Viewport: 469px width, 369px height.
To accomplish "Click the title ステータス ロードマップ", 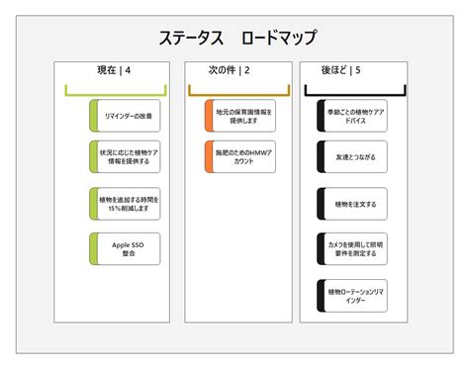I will coord(237,39).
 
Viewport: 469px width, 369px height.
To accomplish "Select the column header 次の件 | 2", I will coord(230,70).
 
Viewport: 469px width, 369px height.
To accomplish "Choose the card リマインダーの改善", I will coord(127,116).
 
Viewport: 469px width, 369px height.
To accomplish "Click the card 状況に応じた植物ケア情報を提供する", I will coord(127,158).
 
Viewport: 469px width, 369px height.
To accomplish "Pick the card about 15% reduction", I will coord(127,203).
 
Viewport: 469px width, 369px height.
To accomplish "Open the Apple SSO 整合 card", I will coord(127,248).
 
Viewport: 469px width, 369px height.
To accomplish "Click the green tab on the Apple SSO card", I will coord(93,248).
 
